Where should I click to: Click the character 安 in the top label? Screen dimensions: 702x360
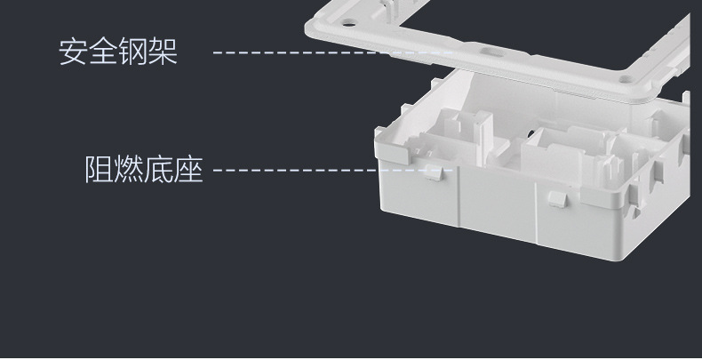pos(74,52)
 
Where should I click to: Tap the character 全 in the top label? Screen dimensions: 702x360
pos(104,52)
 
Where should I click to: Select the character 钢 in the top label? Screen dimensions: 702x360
pos(133,52)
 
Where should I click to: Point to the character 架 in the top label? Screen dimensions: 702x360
pos(164,52)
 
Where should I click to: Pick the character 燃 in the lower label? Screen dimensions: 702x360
pos(130,168)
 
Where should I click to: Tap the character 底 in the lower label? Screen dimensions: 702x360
pos(159,168)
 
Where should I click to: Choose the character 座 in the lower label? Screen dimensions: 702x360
pos(189,168)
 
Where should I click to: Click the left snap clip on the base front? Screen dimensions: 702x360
pos(435,172)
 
